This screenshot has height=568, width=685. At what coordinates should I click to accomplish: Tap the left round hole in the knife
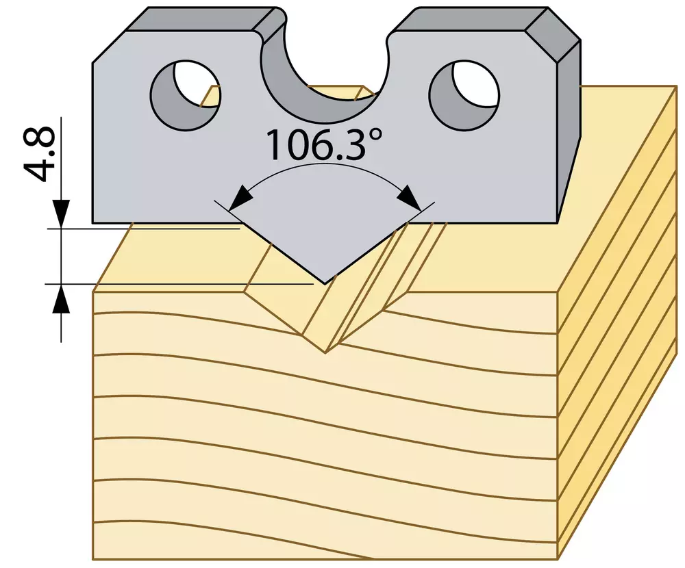(185, 94)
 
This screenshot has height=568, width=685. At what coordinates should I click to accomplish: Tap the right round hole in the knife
(464, 94)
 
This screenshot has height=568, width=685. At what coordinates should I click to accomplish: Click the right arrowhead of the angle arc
(410, 198)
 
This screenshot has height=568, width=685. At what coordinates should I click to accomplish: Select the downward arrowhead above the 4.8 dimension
(61, 214)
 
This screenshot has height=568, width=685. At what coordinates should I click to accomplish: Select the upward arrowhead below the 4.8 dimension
(61, 298)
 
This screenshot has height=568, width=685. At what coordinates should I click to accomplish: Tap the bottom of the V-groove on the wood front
(325, 352)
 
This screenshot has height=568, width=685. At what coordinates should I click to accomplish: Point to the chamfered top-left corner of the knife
(109, 47)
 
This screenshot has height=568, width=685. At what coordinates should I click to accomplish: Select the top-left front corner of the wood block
(93, 292)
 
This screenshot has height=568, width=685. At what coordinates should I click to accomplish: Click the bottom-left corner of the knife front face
(92, 223)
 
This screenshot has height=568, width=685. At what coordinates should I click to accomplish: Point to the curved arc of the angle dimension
(325, 165)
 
